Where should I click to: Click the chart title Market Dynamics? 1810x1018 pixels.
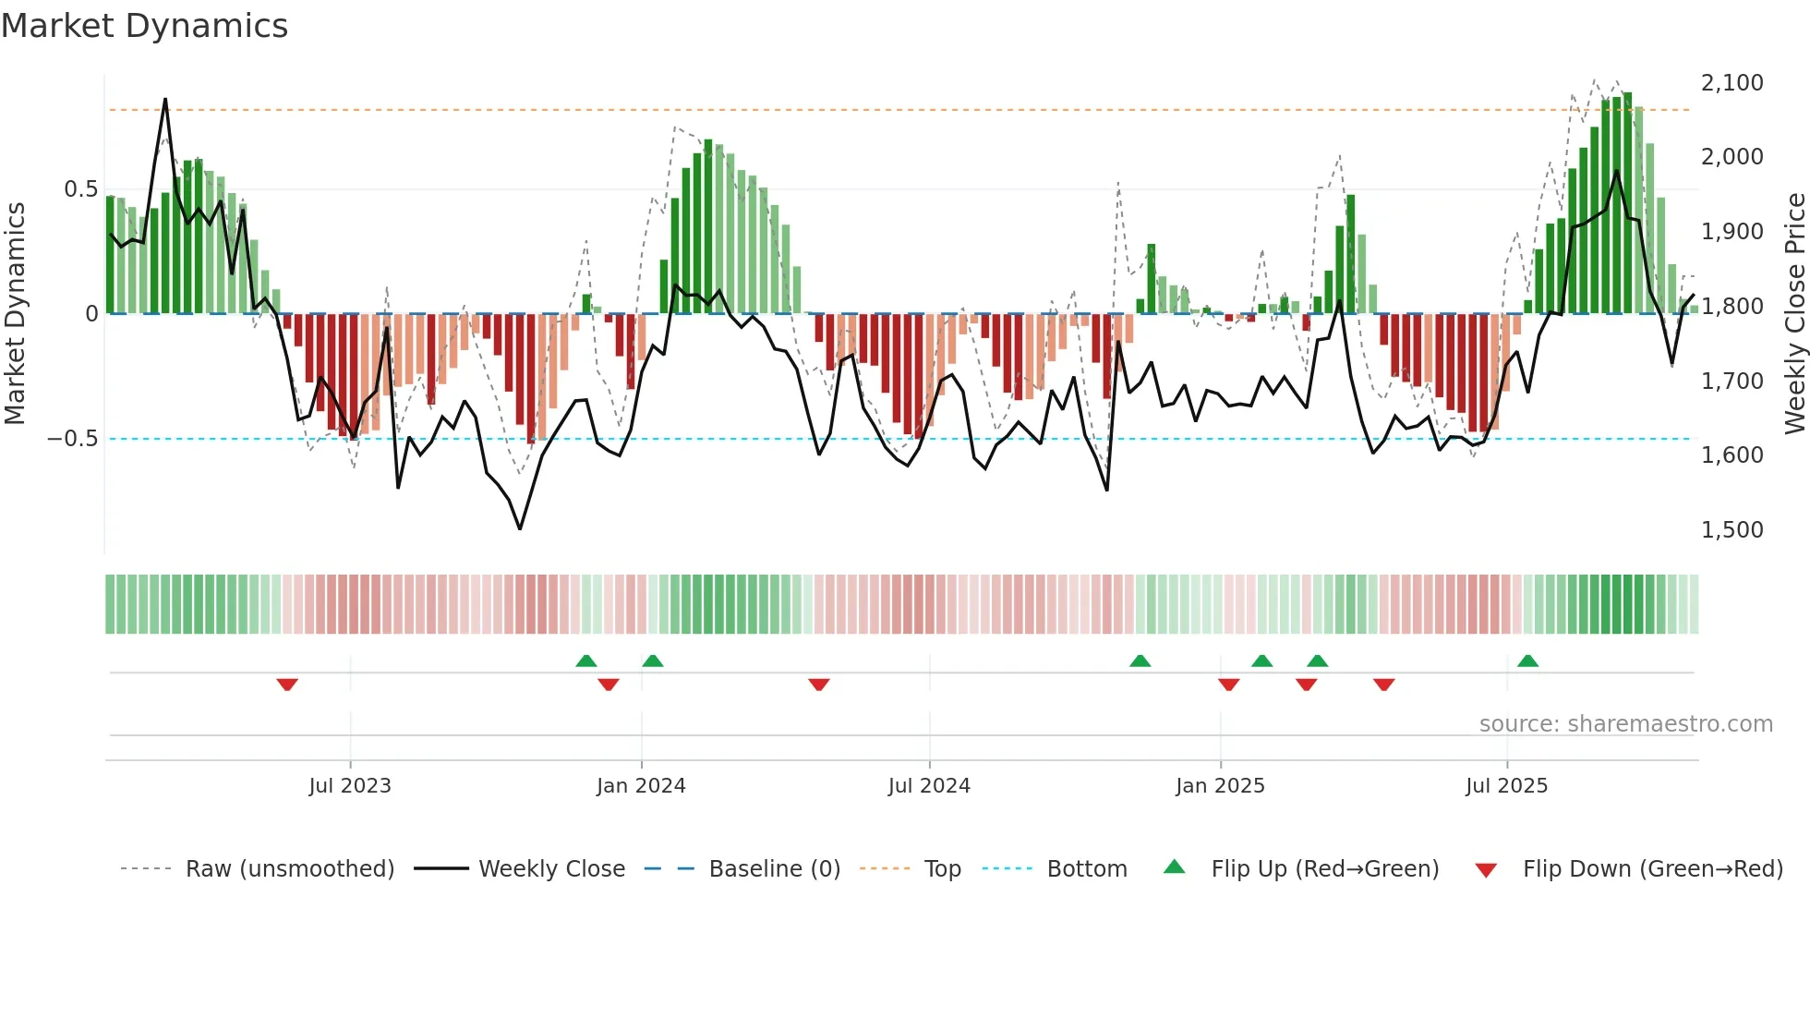click(x=144, y=26)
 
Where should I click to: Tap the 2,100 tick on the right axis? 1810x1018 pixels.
click(x=1732, y=83)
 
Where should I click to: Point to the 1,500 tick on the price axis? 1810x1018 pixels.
click(x=1732, y=530)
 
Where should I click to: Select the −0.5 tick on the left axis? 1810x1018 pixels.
click(x=72, y=439)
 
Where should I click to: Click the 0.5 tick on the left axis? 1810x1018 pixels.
click(x=80, y=189)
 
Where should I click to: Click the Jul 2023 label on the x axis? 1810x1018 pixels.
click(x=350, y=786)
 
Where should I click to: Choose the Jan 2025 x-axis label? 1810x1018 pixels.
click(x=1220, y=786)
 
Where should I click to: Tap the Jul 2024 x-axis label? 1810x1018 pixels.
click(x=929, y=786)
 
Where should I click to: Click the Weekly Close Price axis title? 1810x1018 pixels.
click(x=1794, y=314)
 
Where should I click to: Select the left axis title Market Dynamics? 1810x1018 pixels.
click(x=15, y=314)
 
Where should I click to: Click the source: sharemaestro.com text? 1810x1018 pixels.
click(x=1625, y=724)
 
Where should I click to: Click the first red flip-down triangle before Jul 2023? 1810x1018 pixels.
click(x=287, y=685)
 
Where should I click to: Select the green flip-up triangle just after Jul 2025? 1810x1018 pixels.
click(x=1527, y=660)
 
